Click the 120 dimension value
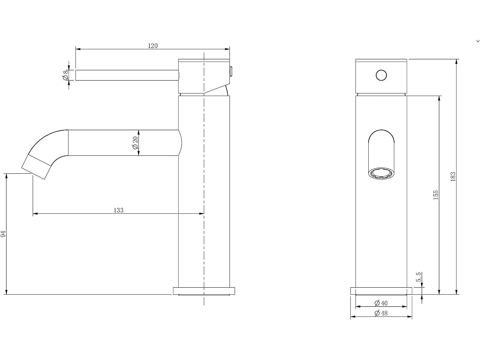pyautogui.click(x=153, y=46)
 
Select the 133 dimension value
pyautogui.click(x=118, y=210)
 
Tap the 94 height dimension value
pyautogui.click(x=3, y=234)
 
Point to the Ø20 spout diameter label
pyautogui.click(x=135, y=143)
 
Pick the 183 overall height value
pyautogui.click(x=453, y=177)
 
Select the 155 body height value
pyautogui.click(x=436, y=195)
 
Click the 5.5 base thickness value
pyautogui.click(x=419, y=277)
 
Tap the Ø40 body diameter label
pyautogui.click(x=381, y=303)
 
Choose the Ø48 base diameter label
pyautogui.click(x=381, y=313)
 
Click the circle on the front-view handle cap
pyautogui.click(x=381, y=76)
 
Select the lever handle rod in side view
pyautogui.click(x=127, y=75)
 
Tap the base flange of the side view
pyautogui.click(x=204, y=291)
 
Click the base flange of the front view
pyautogui.click(x=381, y=291)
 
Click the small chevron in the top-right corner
pyautogui.click(x=478, y=41)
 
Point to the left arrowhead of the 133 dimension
pyautogui.click(x=35, y=213)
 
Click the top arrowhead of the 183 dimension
pyautogui.click(x=456, y=61)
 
